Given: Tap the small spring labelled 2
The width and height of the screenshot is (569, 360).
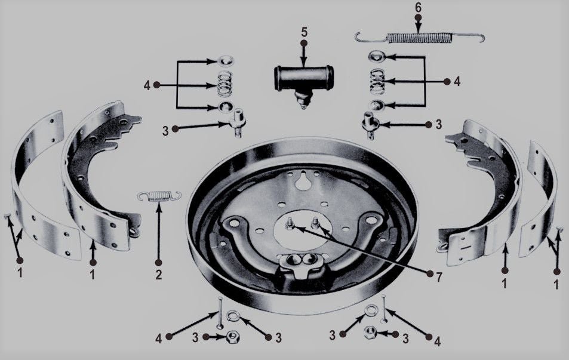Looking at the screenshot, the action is pyautogui.click(x=159, y=196).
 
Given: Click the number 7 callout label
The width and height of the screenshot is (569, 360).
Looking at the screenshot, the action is pyautogui.click(x=439, y=277).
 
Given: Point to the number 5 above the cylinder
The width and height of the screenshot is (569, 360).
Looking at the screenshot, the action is pyautogui.click(x=304, y=32).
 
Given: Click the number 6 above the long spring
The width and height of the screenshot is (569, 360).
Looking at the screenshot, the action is pyautogui.click(x=419, y=8).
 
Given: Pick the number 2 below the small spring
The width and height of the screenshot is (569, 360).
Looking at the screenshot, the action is pyautogui.click(x=159, y=275).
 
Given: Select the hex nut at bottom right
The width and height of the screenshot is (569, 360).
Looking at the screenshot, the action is pyautogui.click(x=370, y=332).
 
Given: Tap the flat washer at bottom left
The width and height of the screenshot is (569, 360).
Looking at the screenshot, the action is pyautogui.click(x=233, y=316).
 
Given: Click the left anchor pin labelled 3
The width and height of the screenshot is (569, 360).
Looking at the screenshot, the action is pyautogui.click(x=238, y=122).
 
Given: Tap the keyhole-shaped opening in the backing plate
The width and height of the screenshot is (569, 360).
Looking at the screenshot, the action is pyautogui.click(x=301, y=180).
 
